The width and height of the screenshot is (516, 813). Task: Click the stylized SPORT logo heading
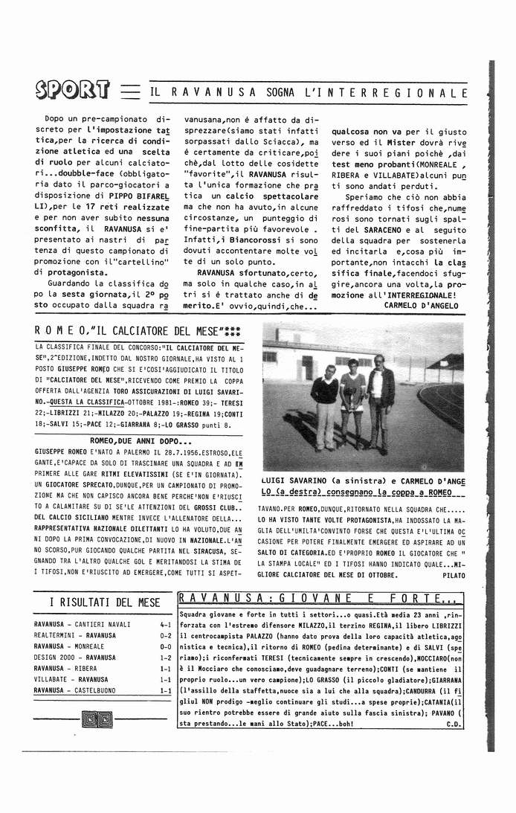click(x=72, y=91)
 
